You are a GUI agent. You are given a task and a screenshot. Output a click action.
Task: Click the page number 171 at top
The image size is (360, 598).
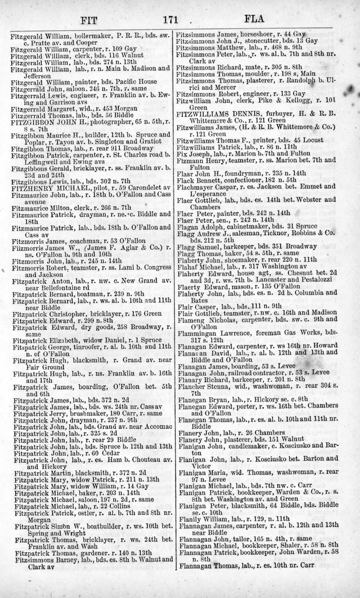pyautogui.click(x=170, y=19)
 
